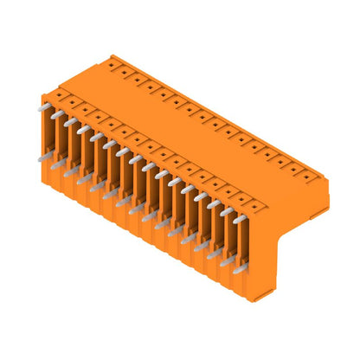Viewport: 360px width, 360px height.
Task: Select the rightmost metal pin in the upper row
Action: coord(239,219)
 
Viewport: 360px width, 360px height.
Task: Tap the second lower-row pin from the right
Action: coord(226,261)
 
